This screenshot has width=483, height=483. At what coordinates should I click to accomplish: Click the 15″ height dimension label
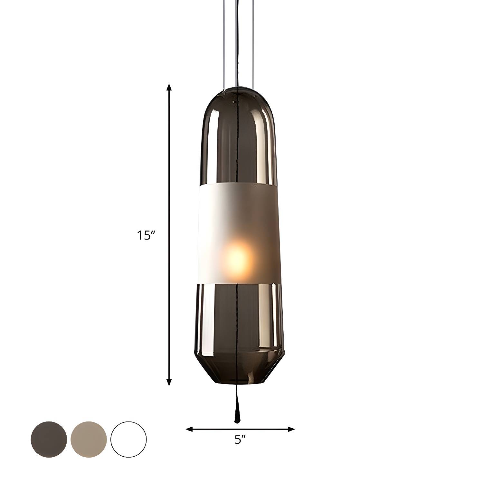click(146, 235)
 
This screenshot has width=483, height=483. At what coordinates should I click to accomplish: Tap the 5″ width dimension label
click(240, 439)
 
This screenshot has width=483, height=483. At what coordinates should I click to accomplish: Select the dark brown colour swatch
click(49, 439)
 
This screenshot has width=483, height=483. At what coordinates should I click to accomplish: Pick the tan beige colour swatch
click(89, 439)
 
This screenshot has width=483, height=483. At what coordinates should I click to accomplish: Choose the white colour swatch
click(128, 439)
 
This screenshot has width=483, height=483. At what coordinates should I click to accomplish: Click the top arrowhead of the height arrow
click(169, 88)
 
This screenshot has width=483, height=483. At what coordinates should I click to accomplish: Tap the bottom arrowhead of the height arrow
click(169, 382)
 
